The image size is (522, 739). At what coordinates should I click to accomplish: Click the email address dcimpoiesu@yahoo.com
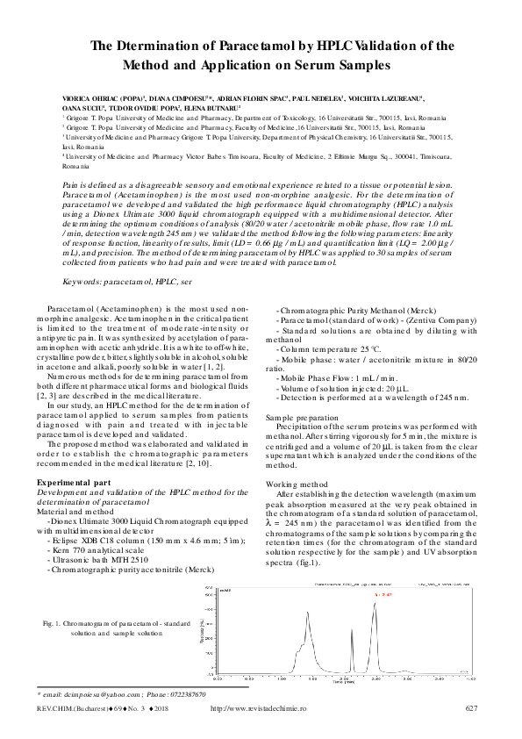92,693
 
